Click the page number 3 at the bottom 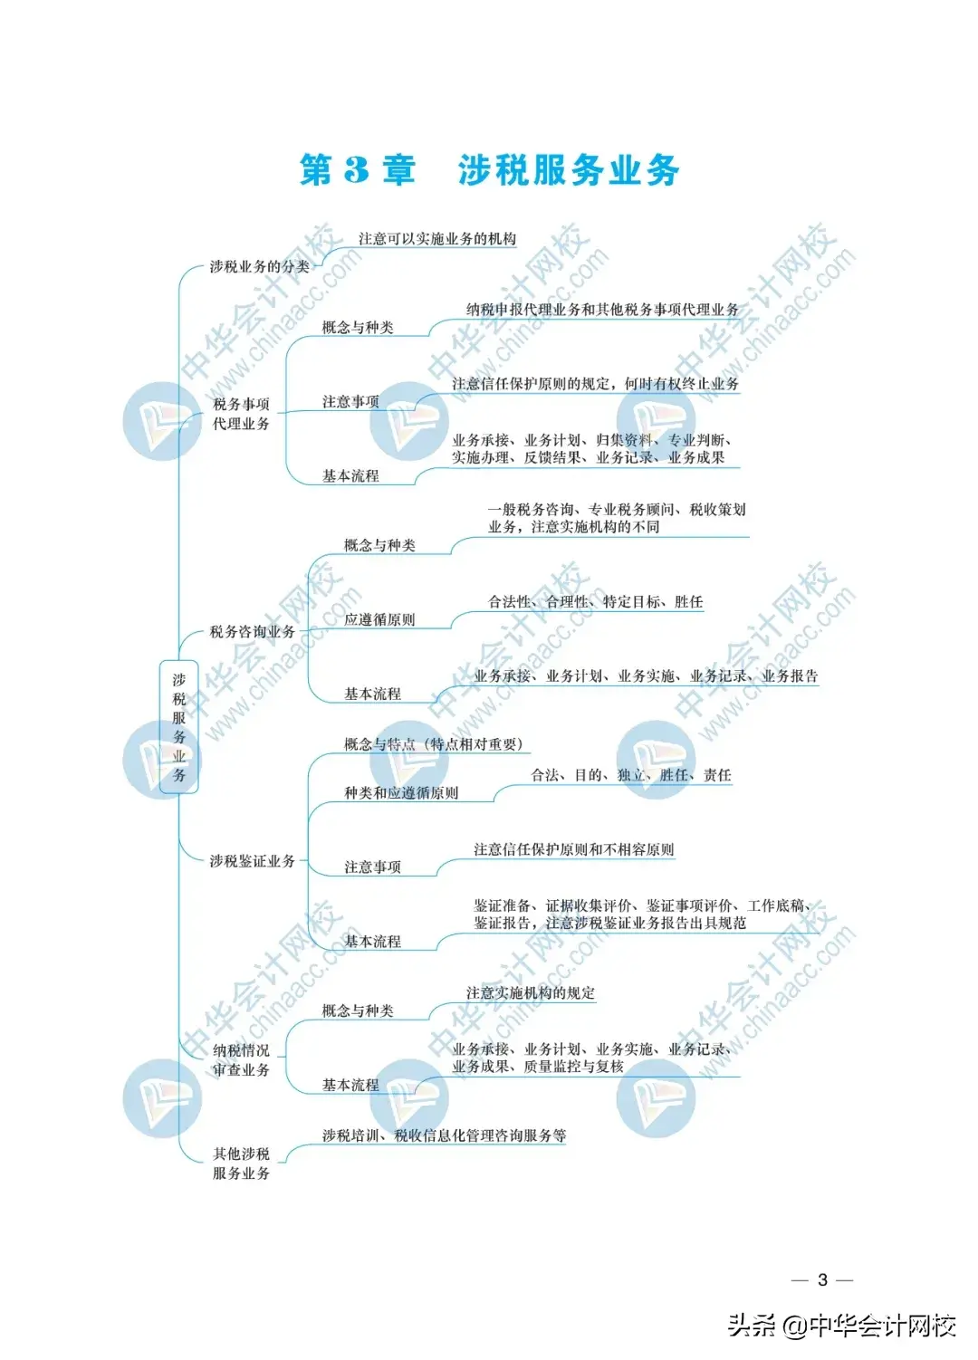[x=822, y=1279]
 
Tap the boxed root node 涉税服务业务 [x=179, y=727]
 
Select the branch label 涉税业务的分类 [x=259, y=266]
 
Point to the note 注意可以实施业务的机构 [x=436, y=239]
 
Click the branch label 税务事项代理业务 [x=241, y=414]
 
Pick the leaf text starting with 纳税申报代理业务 [x=602, y=310]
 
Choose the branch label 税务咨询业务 [x=252, y=632]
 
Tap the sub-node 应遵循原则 [x=379, y=620]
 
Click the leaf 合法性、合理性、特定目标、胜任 [x=595, y=602]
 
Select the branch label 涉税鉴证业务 [x=252, y=861]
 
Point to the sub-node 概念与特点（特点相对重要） [x=433, y=744]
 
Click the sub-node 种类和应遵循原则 [x=401, y=793]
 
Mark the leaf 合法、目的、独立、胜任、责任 [x=630, y=775]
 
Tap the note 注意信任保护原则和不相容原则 [x=573, y=850]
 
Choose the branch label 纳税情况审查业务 [x=241, y=1060]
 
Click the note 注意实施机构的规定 [x=530, y=993]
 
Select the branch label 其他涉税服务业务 [x=241, y=1164]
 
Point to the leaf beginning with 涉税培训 [x=444, y=1135]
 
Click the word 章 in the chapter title [x=398, y=170]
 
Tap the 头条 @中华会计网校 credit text [x=842, y=1326]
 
